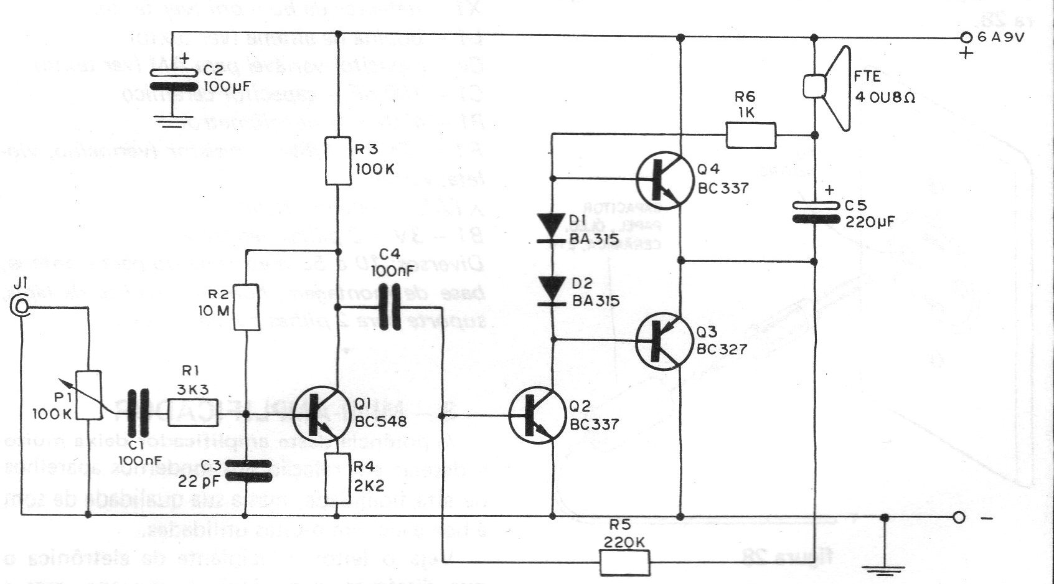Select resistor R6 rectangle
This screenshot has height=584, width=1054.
(x=751, y=135)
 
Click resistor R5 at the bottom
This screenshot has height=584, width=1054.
(x=624, y=563)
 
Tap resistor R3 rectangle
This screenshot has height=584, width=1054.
(x=338, y=161)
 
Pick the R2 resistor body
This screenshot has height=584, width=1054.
(x=246, y=308)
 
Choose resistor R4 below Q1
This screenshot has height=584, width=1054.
(x=338, y=478)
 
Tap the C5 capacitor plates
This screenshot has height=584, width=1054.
(x=815, y=212)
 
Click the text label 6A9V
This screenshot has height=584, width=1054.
(x=1000, y=37)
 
